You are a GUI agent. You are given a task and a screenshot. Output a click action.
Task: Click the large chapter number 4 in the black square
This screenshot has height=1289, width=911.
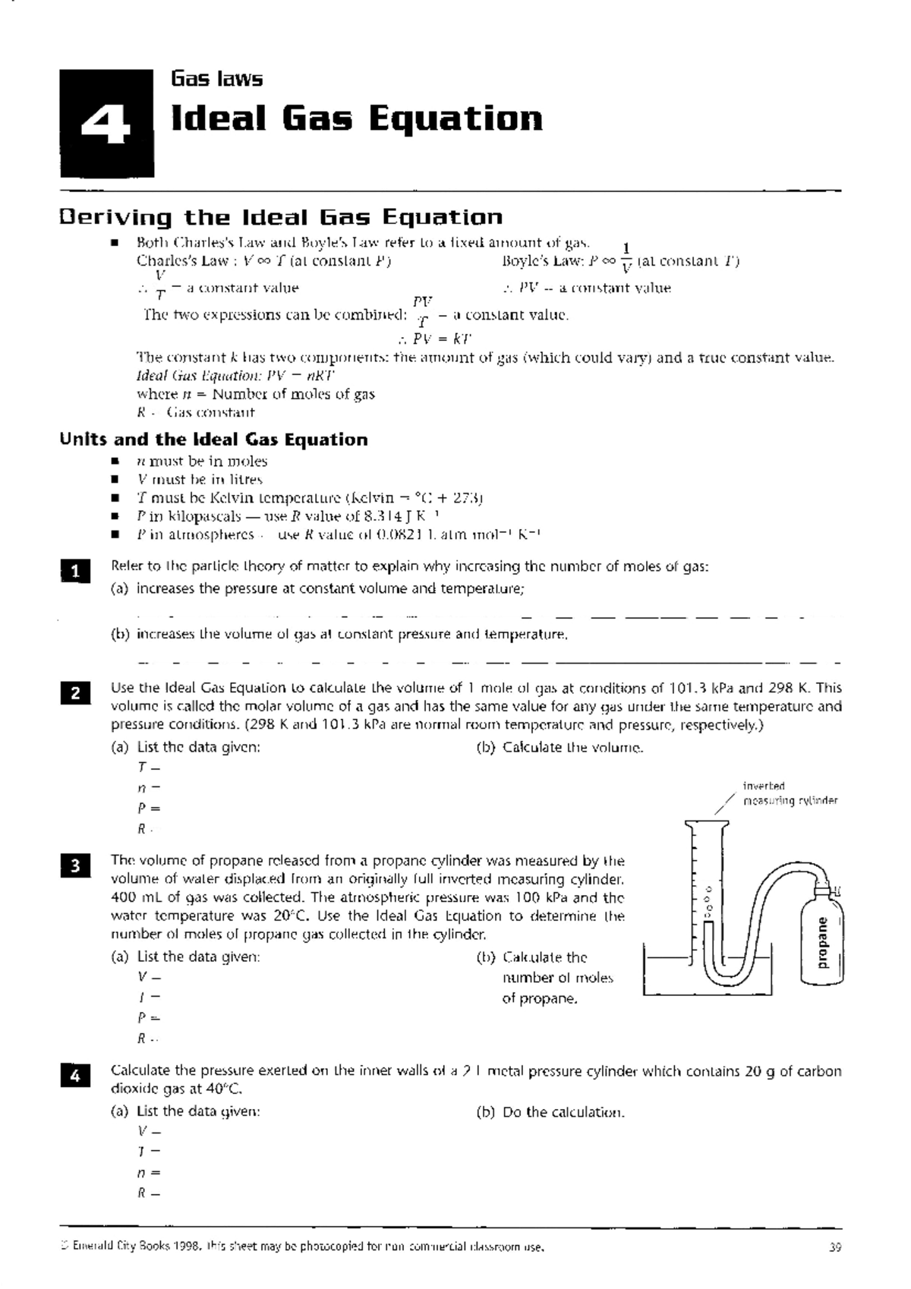click(107, 124)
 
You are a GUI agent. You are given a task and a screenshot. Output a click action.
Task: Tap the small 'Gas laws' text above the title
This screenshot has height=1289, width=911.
click(216, 78)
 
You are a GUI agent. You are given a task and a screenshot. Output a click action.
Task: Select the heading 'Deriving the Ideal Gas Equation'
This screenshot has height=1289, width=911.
click(281, 217)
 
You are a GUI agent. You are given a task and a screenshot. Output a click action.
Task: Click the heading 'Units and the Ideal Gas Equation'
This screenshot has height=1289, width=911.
click(213, 440)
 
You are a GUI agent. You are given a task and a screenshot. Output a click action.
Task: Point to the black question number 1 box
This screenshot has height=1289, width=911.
click(75, 571)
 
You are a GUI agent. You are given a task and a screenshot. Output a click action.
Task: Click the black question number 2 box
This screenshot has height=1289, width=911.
click(75, 692)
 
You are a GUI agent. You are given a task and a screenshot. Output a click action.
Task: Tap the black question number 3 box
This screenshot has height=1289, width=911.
click(75, 865)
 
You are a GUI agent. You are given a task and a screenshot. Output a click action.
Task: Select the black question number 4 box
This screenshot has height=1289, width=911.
click(75, 1076)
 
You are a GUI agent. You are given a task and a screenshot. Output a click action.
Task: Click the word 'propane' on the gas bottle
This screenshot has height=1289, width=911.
click(821, 942)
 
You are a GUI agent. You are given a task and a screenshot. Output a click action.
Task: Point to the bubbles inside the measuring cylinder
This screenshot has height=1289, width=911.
click(708, 900)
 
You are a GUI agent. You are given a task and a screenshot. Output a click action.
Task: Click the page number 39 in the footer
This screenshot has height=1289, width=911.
click(835, 1246)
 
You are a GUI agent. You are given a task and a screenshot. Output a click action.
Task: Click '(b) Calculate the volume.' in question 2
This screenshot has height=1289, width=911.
click(560, 748)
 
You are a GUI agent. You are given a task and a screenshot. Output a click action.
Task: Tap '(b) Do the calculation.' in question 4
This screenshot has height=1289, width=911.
click(550, 1112)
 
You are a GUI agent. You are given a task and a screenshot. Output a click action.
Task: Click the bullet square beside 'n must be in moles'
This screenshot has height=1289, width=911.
click(115, 462)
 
